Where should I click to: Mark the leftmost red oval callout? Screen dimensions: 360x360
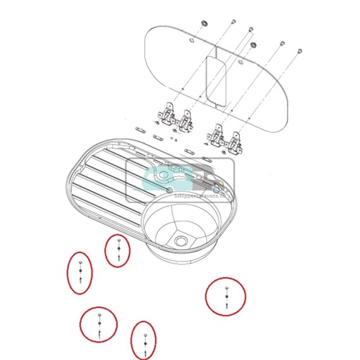click(x=82, y=271)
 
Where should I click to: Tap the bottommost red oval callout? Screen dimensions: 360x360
click(x=143, y=340)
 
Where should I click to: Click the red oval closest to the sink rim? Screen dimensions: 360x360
click(x=119, y=251)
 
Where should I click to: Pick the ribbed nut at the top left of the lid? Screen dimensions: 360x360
click(x=204, y=24)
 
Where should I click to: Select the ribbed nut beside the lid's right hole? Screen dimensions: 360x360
click(x=254, y=46)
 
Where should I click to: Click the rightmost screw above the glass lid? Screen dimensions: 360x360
click(x=300, y=50)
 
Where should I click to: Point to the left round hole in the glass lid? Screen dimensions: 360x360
click(x=191, y=41)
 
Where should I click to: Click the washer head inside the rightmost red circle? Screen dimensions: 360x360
click(x=226, y=288)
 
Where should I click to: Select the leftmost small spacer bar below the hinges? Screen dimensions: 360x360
click(x=139, y=128)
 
